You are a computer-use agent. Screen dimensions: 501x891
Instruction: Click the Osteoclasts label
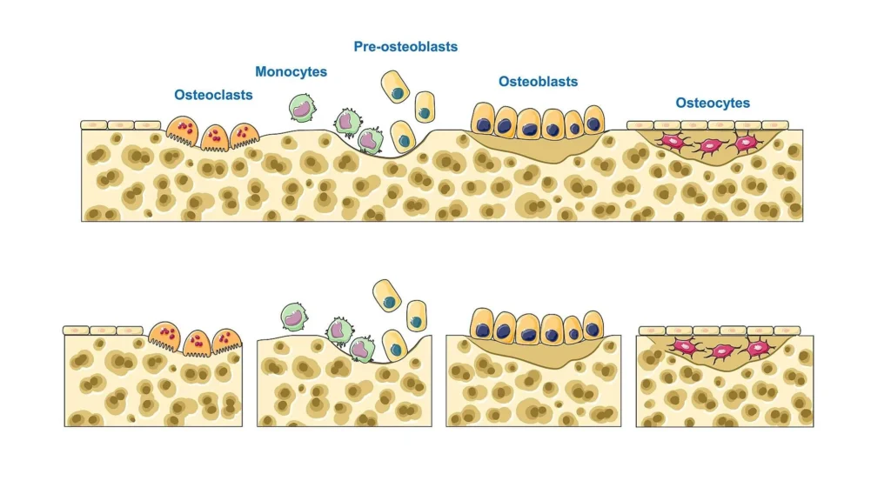(x=213, y=95)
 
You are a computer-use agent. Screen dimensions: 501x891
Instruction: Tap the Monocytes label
(x=291, y=72)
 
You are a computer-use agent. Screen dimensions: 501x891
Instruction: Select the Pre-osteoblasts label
(x=405, y=47)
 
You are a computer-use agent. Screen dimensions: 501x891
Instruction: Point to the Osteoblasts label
(x=538, y=82)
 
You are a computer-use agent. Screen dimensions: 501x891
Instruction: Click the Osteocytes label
(x=713, y=104)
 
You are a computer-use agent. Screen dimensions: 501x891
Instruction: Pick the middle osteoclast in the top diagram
(x=214, y=137)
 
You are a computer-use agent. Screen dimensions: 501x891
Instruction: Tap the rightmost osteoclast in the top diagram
(x=245, y=135)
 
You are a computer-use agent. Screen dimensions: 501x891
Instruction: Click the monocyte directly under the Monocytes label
(x=301, y=108)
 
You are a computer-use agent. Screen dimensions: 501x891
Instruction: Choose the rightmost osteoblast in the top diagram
(x=594, y=120)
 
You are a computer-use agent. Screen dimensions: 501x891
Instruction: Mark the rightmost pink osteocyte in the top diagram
(x=745, y=143)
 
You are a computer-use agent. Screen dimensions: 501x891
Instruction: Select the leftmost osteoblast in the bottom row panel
(x=483, y=325)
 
